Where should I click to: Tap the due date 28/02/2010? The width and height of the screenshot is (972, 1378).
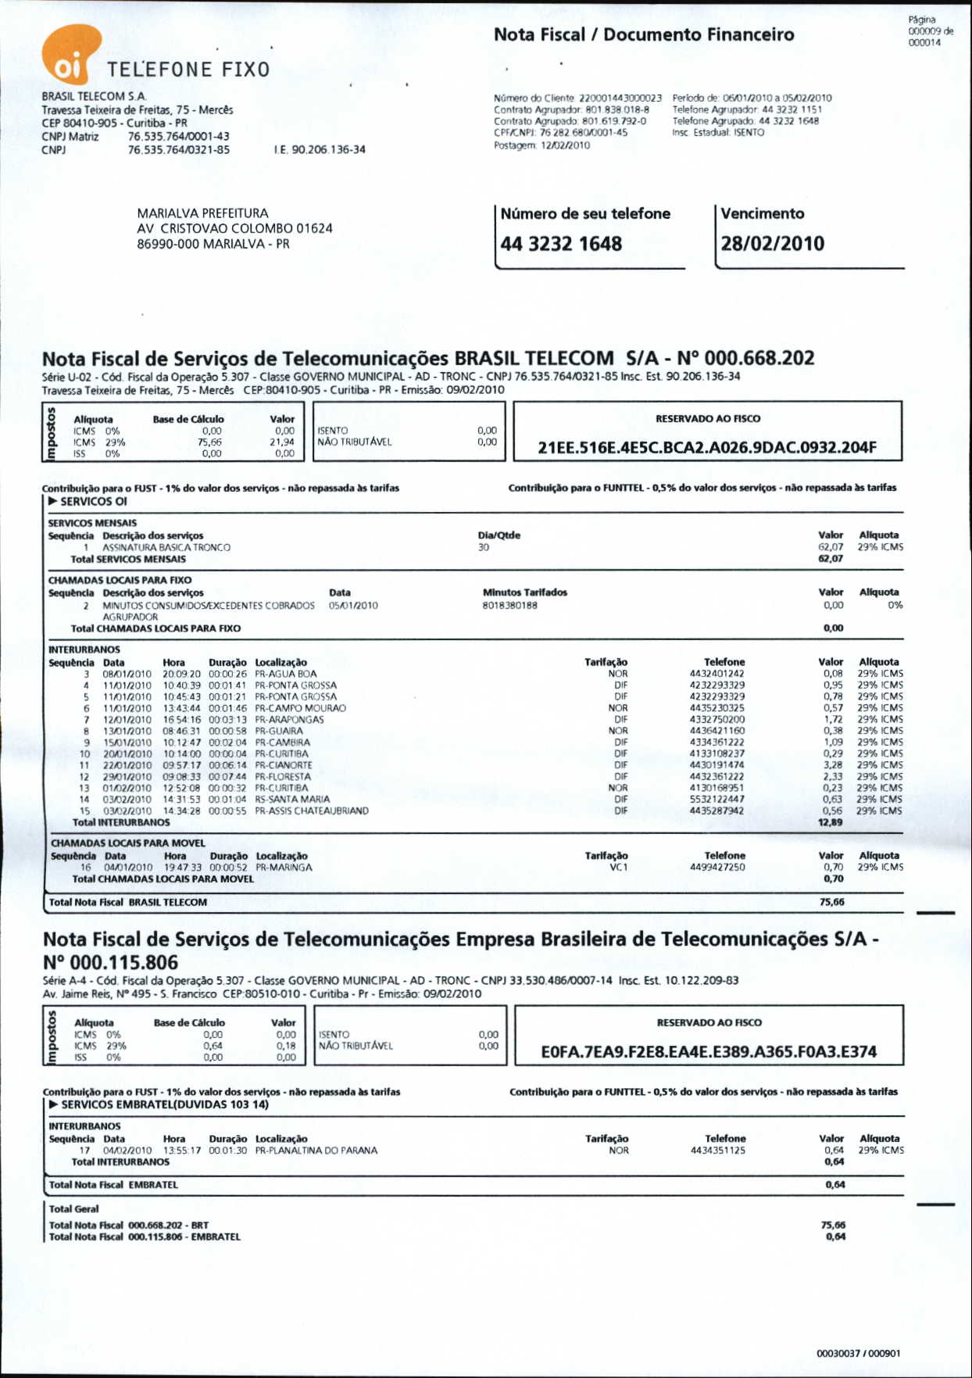click(772, 244)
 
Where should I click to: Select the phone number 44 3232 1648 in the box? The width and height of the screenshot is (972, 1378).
click(561, 244)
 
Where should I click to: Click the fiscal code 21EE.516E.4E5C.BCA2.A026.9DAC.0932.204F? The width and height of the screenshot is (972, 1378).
click(707, 448)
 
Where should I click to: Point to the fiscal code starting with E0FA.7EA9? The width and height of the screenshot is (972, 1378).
click(709, 1052)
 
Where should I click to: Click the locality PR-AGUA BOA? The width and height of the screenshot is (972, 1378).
click(286, 674)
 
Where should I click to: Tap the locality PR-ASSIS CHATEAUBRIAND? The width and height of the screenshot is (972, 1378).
click(312, 811)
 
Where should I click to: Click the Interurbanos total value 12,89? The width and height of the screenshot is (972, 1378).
click(830, 822)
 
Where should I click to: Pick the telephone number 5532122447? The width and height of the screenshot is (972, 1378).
click(717, 800)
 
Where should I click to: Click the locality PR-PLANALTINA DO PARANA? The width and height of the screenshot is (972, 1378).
click(316, 1151)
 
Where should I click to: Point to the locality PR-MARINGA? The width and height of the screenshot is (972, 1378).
click(284, 868)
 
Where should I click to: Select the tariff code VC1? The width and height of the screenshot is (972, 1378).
click(619, 868)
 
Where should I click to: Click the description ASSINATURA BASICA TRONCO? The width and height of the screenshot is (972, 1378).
click(166, 548)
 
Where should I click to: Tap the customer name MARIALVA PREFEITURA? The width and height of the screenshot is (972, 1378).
click(202, 213)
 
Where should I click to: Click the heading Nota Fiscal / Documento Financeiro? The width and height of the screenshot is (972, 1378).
click(644, 35)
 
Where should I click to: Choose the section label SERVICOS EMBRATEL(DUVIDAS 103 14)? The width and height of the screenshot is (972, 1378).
click(165, 1104)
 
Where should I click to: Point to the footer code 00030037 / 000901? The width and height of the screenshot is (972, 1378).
click(858, 1354)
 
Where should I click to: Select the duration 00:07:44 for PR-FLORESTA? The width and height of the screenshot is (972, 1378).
click(227, 777)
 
